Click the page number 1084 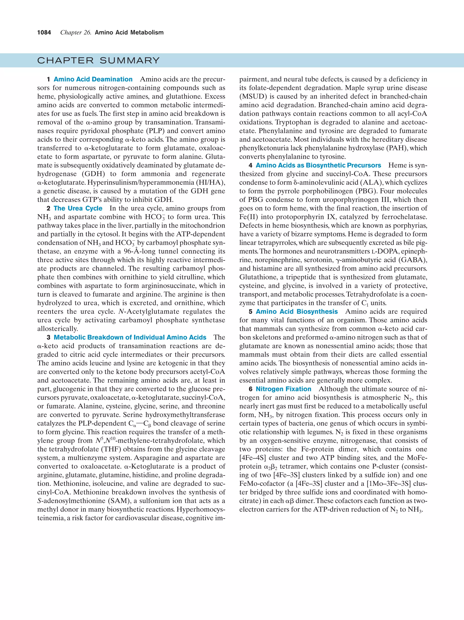coord(44,33)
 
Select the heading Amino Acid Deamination coord(93,79)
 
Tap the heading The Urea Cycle coord(78,208)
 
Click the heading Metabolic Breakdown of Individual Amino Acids coord(130,337)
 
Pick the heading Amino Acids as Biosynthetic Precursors coord(318,165)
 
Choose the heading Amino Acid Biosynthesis coord(297,311)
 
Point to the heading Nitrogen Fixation coord(283,389)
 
